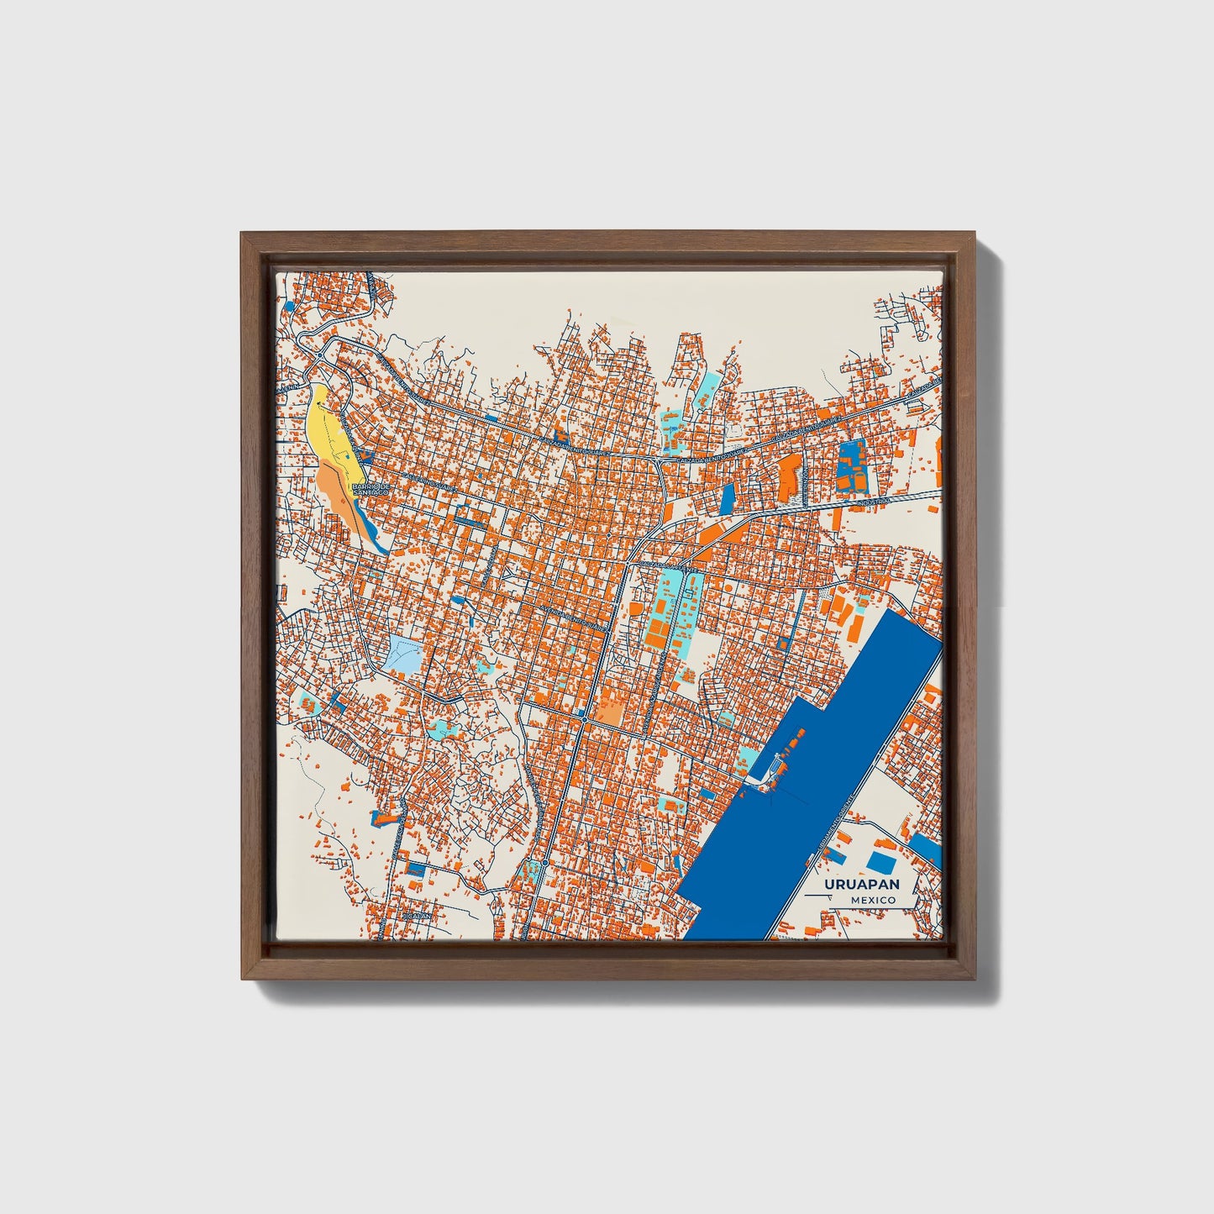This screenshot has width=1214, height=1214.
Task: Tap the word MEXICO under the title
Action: pos(872,900)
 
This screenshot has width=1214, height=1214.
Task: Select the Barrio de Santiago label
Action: pos(371,488)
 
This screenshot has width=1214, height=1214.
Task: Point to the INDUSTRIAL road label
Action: pos(873,502)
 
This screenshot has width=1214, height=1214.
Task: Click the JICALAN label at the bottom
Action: pos(417,915)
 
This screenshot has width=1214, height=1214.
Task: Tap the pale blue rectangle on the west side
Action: pos(404,654)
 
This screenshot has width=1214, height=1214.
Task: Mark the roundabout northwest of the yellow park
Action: pos(318,357)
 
